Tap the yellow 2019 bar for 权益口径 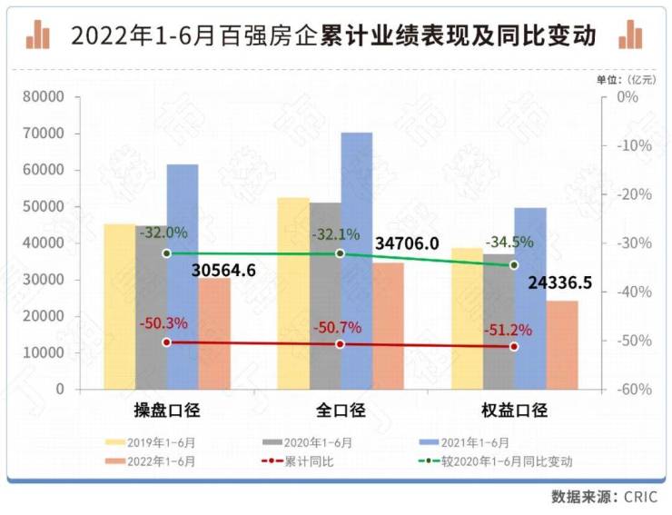tap(467, 318)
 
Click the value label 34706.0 tap(407, 243)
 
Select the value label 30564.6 tap(223, 271)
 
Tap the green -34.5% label tap(510, 243)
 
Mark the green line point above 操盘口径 tap(166, 253)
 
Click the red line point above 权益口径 tap(513, 346)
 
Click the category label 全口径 tap(340, 410)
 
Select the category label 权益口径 tap(513, 410)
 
